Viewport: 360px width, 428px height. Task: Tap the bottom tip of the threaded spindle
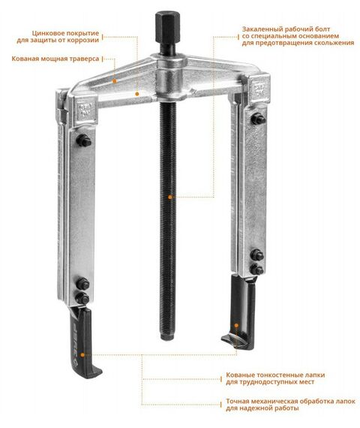tap(167, 339)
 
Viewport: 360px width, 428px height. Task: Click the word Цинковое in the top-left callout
tap(49, 34)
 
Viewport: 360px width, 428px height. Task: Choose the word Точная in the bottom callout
tap(237, 402)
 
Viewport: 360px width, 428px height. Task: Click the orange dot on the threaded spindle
tap(170, 197)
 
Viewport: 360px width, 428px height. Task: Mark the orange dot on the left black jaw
tap(82, 355)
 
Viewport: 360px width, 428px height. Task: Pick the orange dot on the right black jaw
tap(236, 325)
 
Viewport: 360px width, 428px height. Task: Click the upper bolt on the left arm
tap(84, 141)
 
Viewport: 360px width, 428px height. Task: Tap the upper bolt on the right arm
tap(258, 119)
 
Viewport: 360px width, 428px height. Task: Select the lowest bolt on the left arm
tap(82, 298)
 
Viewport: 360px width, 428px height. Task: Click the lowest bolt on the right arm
tap(257, 270)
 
